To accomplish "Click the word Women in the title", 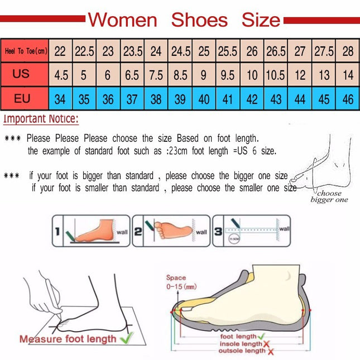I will click(123, 20).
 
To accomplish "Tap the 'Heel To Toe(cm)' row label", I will click(25, 51).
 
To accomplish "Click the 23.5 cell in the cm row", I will click(132, 51).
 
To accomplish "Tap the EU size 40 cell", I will click(204, 99).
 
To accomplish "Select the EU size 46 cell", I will click(348, 99).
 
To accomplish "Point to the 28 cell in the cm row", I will click(348, 51).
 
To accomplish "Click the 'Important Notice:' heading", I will click(41, 119).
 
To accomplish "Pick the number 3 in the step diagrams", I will click(219, 231).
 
